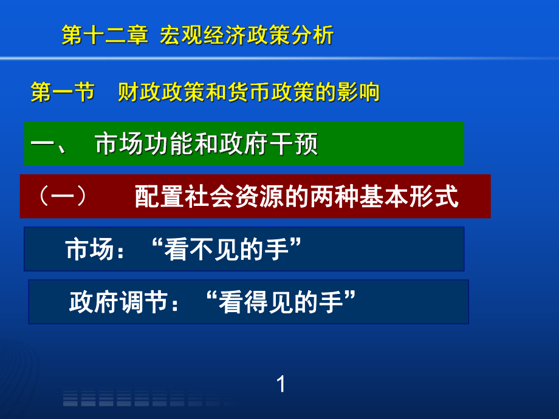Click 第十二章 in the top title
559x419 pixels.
click(x=105, y=35)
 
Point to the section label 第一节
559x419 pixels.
click(x=62, y=92)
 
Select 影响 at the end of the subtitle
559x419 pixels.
click(x=363, y=92)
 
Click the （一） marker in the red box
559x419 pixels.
click(x=63, y=197)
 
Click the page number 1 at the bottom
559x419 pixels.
click(x=280, y=384)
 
